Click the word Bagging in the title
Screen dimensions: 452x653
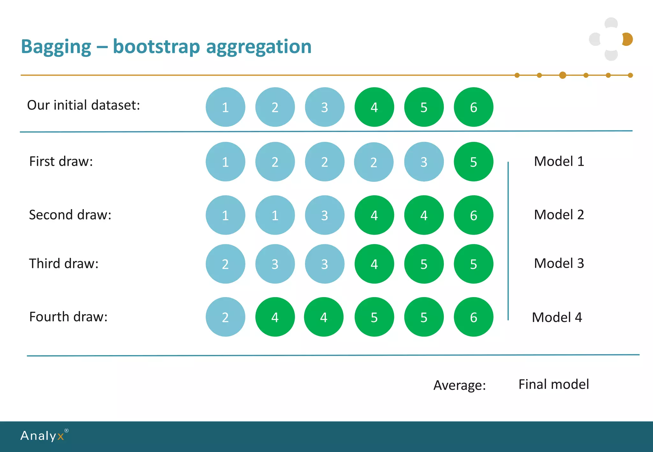pyautogui.click(x=56, y=47)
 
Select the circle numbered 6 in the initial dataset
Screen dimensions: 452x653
pyautogui.click(x=473, y=107)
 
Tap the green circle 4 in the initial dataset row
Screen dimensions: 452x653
pyautogui.click(x=374, y=107)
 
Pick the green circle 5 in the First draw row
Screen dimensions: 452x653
pyautogui.click(x=473, y=162)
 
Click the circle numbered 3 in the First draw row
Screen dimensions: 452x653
pyautogui.click(x=423, y=162)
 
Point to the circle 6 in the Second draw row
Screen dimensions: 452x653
pyautogui.click(x=473, y=215)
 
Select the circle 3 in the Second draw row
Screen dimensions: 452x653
pyautogui.click(x=324, y=215)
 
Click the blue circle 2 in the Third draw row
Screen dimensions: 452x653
pyautogui.click(x=225, y=264)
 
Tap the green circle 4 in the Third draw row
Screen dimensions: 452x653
pyautogui.click(x=374, y=264)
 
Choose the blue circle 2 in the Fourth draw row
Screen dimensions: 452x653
pyautogui.click(x=225, y=317)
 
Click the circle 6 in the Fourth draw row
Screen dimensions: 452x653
pyautogui.click(x=473, y=317)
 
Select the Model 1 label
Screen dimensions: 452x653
pyautogui.click(x=559, y=161)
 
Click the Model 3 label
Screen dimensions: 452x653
pyautogui.click(x=559, y=263)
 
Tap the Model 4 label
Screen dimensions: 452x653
pyautogui.click(x=557, y=317)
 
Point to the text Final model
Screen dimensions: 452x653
pyautogui.click(x=554, y=384)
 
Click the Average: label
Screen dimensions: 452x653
pyautogui.click(x=459, y=385)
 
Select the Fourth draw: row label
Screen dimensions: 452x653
pyautogui.click(x=68, y=317)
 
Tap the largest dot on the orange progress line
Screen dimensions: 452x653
pyautogui.click(x=562, y=75)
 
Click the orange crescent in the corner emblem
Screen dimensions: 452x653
pyautogui.click(x=628, y=39)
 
